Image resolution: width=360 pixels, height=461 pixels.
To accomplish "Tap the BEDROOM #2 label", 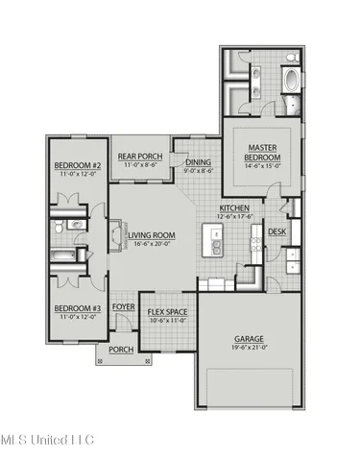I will click(71, 165).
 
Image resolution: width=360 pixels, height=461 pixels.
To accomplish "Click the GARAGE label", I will click(250, 338).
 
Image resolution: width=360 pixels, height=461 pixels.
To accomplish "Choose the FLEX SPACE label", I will click(168, 312).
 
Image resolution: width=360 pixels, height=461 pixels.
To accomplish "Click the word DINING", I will click(198, 163).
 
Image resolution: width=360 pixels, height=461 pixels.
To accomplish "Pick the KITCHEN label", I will click(235, 207).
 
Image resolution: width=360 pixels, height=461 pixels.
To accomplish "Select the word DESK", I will click(276, 231).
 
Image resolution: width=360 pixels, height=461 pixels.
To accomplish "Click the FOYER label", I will click(124, 307).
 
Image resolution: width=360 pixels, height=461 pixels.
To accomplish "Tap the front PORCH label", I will click(122, 350).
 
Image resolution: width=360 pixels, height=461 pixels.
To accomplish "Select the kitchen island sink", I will click(218, 243).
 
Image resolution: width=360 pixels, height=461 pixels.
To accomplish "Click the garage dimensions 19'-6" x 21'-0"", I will click(250, 348).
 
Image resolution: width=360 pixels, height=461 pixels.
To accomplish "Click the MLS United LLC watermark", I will click(47, 439).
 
